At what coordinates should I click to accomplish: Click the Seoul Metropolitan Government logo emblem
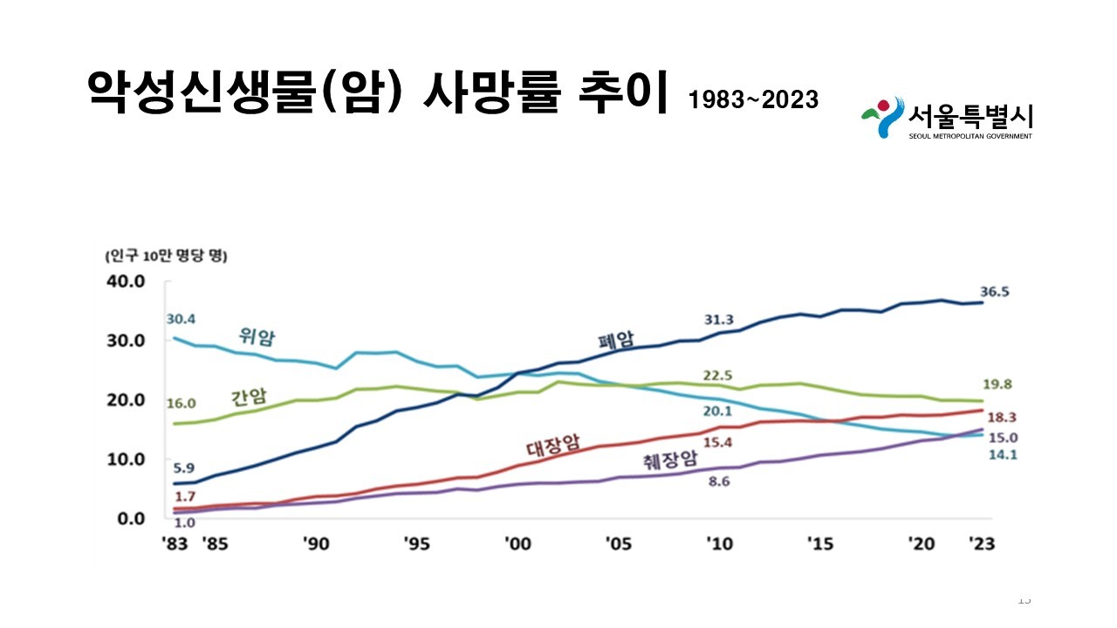click(x=881, y=117)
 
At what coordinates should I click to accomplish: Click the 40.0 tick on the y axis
click(x=124, y=281)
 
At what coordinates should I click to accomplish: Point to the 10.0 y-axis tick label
click(x=124, y=459)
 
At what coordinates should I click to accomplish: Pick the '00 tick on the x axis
click(x=517, y=543)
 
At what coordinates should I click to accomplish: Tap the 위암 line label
click(x=257, y=336)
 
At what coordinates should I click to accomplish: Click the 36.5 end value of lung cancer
click(x=993, y=292)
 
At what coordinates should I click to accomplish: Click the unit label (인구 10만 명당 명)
click(x=165, y=256)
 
